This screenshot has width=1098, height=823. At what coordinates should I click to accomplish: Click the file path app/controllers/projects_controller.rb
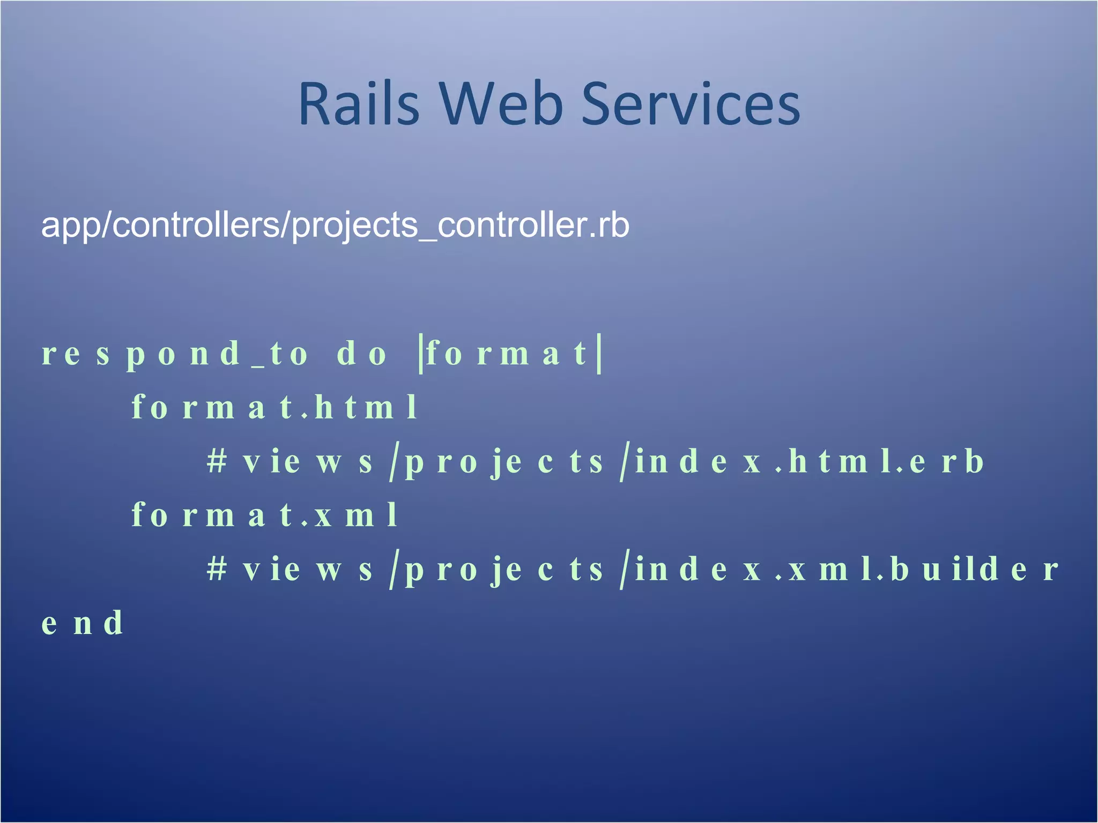335,225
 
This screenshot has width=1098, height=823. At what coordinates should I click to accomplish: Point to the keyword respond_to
175,354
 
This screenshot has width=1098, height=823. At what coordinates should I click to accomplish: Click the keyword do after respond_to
361,354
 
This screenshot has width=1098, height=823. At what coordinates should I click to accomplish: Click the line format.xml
265,515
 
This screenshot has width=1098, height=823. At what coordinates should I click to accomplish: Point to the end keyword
83,623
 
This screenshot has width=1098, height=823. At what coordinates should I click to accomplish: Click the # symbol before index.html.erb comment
217,461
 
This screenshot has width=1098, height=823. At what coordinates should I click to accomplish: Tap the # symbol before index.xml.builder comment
217,569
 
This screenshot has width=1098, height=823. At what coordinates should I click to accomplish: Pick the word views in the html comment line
308,461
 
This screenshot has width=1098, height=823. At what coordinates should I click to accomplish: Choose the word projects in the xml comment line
504,570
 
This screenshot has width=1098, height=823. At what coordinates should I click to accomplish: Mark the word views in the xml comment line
308,569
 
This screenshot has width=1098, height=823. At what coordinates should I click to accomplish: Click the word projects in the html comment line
504,462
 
